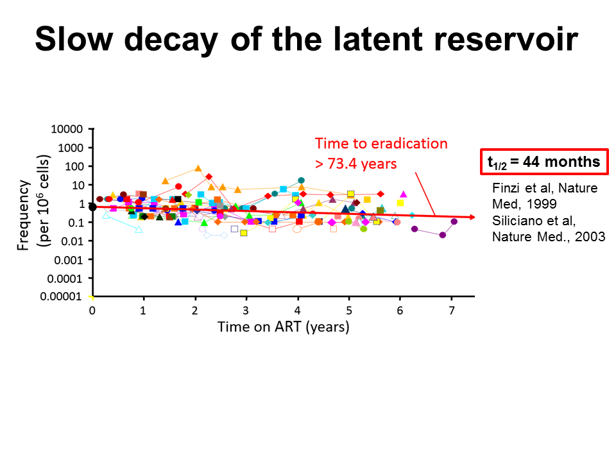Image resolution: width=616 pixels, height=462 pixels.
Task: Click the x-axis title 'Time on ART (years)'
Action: pyautogui.click(x=283, y=327)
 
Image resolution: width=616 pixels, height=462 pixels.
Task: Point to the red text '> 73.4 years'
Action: pyautogui.click(x=355, y=163)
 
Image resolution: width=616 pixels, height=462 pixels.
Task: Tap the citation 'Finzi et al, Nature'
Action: pyautogui.click(x=545, y=189)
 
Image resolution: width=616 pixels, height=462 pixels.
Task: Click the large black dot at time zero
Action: pyautogui.click(x=92, y=207)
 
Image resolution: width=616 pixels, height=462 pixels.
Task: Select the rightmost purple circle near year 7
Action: pyautogui.click(x=454, y=221)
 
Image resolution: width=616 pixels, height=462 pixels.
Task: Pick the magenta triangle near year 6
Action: pyautogui.click(x=403, y=194)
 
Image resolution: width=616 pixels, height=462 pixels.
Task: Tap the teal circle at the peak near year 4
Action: pyautogui.click(x=301, y=180)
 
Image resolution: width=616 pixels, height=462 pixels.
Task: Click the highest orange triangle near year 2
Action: pyautogui.click(x=198, y=169)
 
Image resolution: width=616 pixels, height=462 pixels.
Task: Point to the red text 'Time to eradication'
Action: pyautogui.click(x=381, y=144)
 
